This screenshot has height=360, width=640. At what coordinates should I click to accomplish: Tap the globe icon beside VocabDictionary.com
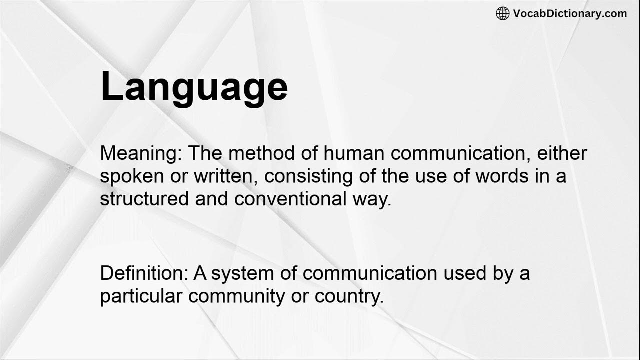pos(502,13)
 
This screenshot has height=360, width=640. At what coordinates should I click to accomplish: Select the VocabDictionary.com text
pos(570,13)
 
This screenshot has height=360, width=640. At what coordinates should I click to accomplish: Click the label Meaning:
pos(141,154)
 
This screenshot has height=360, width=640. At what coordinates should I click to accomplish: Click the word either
pos(562,153)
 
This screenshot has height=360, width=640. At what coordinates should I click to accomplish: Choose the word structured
pos(144,199)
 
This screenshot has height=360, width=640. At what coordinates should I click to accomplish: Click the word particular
pos(141,296)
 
